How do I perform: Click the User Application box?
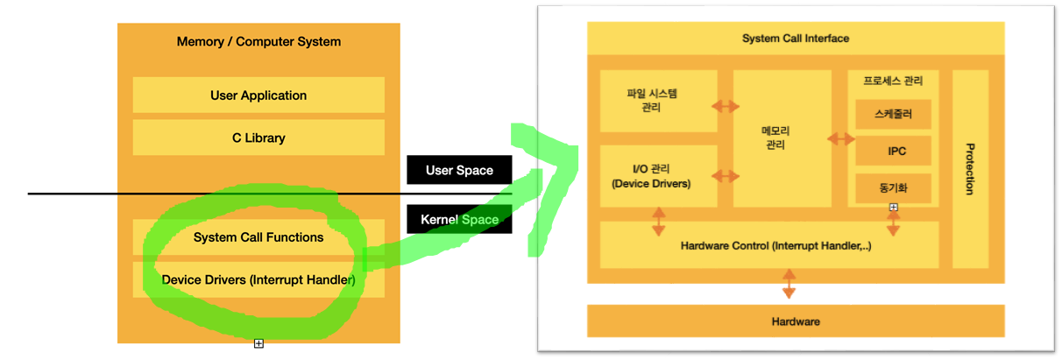[x=258, y=95]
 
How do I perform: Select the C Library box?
[x=258, y=138]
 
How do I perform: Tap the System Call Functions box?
[x=258, y=237]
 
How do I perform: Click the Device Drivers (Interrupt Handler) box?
[x=258, y=280]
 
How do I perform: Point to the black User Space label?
[x=458, y=170]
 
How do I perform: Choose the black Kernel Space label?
[x=458, y=219]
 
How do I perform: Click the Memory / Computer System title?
[x=258, y=41]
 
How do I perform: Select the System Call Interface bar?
[x=795, y=39]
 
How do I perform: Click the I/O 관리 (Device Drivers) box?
[x=658, y=175]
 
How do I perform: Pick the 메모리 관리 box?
[x=782, y=138]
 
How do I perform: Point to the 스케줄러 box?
[x=893, y=114]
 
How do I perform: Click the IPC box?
[x=893, y=151]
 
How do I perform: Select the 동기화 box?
[x=893, y=187]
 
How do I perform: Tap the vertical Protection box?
[x=970, y=168]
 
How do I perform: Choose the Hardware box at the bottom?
[x=795, y=321]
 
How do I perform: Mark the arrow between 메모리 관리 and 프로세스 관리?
[x=841, y=138]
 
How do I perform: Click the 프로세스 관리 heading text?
[x=893, y=81]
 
